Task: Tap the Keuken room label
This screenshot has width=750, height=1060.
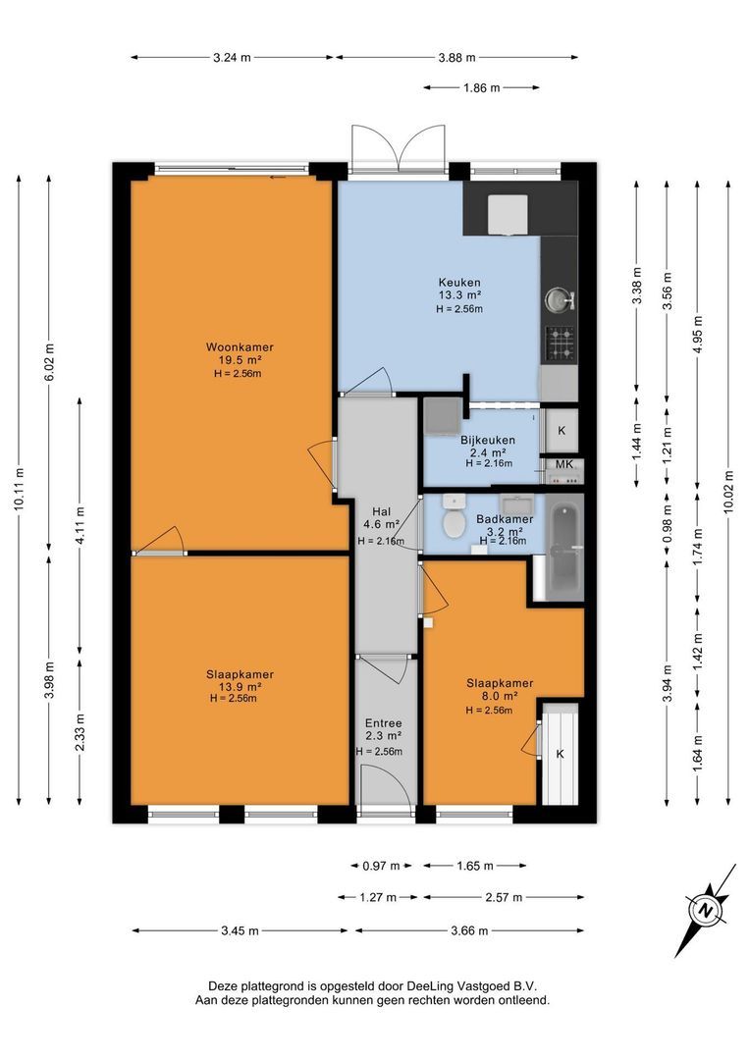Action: (459, 283)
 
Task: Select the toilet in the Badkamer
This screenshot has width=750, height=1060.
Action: (453, 516)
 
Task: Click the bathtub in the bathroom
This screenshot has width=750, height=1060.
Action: (564, 547)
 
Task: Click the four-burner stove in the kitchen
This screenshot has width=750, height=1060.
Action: (560, 343)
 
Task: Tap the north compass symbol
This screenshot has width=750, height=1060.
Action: (706, 909)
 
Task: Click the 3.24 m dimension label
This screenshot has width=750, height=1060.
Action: (232, 58)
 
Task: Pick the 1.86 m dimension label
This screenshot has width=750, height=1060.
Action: (482, 87)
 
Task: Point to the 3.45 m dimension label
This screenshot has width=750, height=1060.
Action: (241, 930)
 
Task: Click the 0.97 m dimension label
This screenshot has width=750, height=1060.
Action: (382, 866)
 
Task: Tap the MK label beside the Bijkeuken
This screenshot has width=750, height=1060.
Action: (564, 464)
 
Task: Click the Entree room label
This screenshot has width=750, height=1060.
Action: (384, 723)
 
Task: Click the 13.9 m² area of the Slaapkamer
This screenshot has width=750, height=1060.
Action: (240, 687)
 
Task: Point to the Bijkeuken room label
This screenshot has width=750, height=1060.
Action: (488, 440)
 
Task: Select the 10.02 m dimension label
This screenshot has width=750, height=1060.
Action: (728, 492)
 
